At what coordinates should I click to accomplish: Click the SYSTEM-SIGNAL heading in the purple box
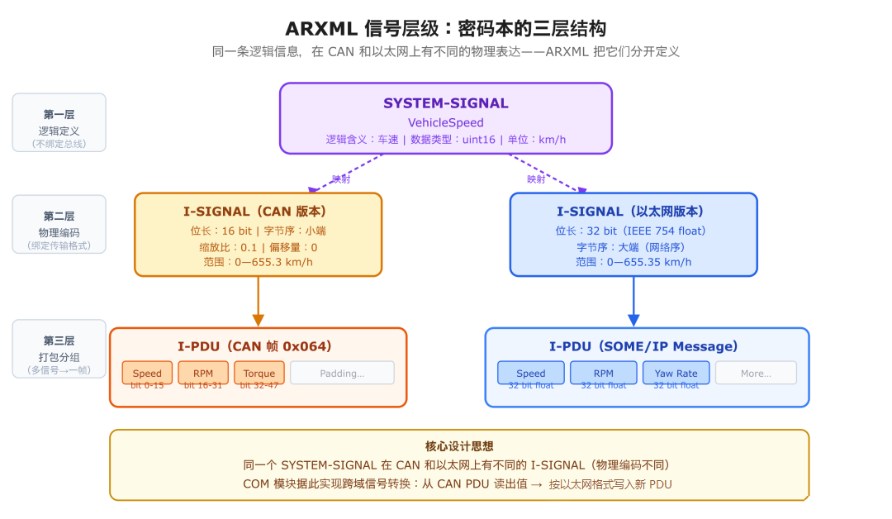[445, 103]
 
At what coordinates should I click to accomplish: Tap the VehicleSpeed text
[445, 122]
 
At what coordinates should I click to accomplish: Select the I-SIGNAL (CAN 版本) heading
[258, 212]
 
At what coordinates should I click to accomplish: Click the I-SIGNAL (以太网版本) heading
[633, 212]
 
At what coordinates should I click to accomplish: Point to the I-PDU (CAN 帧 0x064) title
[258, 346]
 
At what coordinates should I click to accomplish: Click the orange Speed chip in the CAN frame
[147, 373]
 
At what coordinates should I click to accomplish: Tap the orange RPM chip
[203, 373]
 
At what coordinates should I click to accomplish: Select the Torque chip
[259, 373]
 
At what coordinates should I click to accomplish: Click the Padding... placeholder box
[342, 373]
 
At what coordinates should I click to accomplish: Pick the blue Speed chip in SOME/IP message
[530, 373]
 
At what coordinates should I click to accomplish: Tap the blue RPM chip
[603, 373]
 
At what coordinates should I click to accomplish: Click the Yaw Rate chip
[676, 373]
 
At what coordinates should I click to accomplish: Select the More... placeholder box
[756, 373]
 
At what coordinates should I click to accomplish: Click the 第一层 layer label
[59, 115]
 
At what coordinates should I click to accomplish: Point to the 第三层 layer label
[59, 340]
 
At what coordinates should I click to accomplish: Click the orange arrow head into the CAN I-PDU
[259, 320]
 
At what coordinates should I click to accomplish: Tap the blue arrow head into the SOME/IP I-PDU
[634, 320]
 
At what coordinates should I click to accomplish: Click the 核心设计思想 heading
[459, 446]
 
